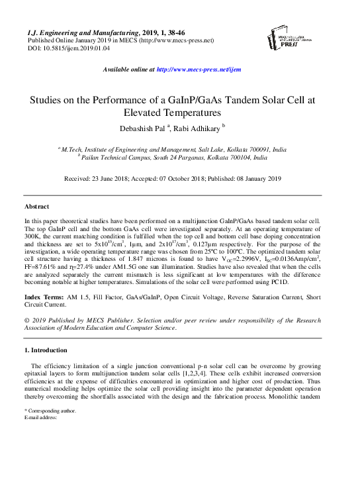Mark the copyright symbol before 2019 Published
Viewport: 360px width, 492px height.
pos(26,320)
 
